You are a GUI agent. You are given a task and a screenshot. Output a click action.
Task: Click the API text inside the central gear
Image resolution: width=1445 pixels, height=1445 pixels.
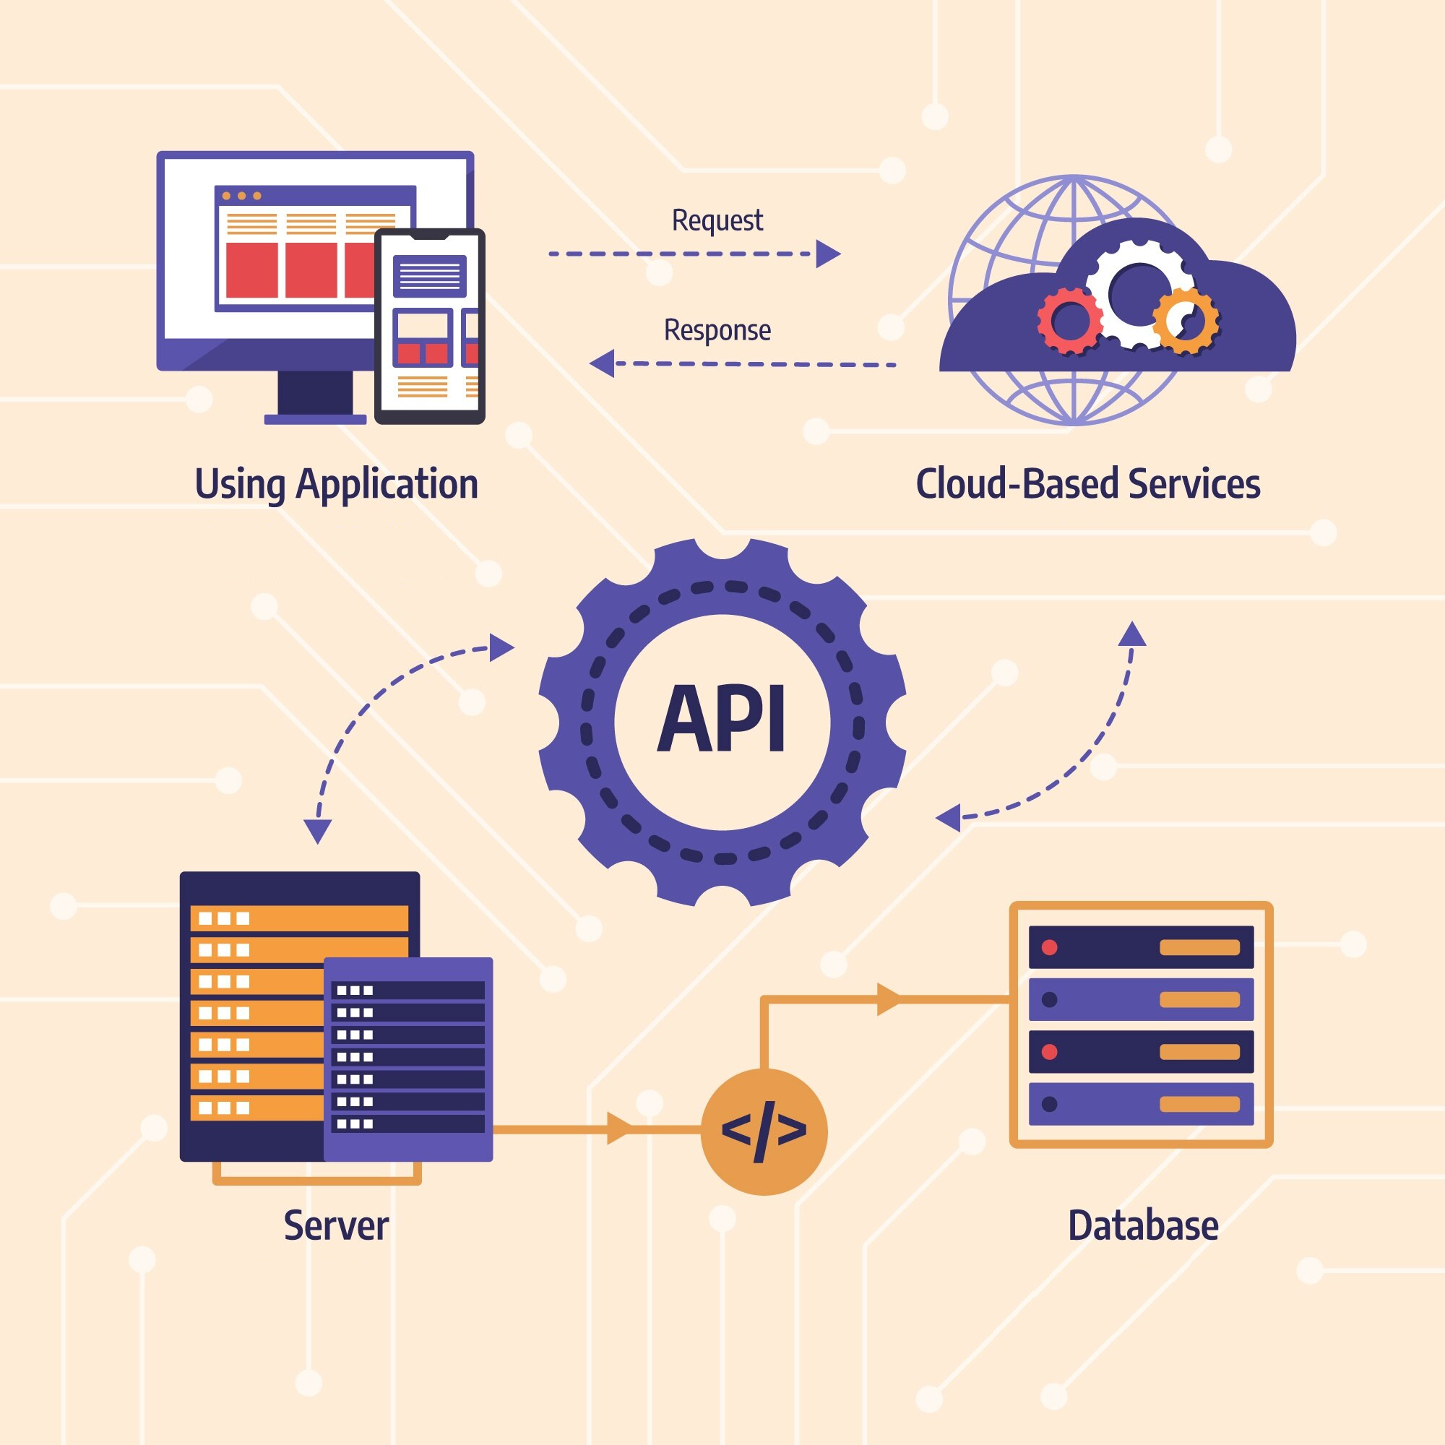[x=722, y=720]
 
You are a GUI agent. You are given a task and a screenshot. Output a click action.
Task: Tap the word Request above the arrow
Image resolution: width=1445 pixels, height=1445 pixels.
[x=717, y=220]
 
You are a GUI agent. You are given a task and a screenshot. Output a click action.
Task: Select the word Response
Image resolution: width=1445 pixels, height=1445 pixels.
[x=717, y=331]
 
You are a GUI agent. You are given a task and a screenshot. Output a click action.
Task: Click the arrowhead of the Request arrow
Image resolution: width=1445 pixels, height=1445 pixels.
[x=827, y=254]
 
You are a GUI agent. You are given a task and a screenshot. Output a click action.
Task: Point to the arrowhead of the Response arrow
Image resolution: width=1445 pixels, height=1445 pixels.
[x=602, y=363]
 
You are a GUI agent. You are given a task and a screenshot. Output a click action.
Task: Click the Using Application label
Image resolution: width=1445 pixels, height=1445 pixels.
[x=337, y=484]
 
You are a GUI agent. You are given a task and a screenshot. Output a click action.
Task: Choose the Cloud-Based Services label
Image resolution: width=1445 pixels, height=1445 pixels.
[x=1087, y=484]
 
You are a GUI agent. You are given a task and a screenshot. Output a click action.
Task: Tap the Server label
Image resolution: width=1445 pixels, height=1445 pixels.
[x=336, y=1226]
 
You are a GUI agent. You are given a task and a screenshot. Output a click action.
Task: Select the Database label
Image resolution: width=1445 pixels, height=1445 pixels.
[x=1143, y=1226]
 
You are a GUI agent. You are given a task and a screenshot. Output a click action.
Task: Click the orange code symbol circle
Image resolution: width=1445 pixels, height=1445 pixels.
[x=764, y=1131]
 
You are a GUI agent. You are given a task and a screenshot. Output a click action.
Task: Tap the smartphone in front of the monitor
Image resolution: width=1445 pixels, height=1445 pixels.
[x=430, y=326]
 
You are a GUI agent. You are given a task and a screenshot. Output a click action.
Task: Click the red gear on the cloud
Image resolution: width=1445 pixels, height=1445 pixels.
[x=1070, y=321]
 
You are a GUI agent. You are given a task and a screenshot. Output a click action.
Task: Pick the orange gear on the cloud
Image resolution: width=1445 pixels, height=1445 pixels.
[x=1186, y=321]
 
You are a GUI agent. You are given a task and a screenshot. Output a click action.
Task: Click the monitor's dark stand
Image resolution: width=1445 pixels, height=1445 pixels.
[x=315, y=394]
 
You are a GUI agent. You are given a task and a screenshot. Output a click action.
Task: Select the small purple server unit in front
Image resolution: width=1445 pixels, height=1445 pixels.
[x=408, y=1058]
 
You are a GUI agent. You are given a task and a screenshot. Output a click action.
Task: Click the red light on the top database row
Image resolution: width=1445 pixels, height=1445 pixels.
[x=1049, y=948]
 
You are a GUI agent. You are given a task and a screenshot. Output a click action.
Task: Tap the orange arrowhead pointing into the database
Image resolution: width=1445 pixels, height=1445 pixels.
[x=888, y=999]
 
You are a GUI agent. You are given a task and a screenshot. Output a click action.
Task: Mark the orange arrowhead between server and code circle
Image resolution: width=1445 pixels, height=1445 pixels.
[x=619, y=1128]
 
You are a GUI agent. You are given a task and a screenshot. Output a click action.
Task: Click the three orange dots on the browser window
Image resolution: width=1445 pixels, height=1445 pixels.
[x=241, y=196]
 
